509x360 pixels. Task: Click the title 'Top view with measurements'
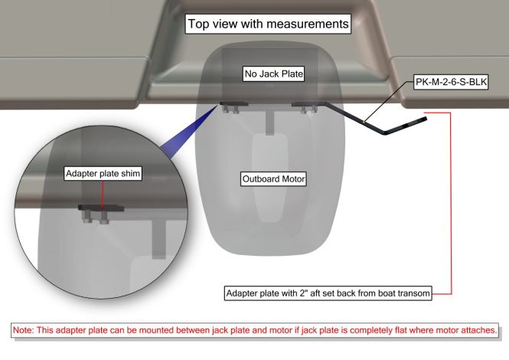click(x=269, y=25)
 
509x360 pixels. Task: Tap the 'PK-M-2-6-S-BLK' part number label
click(x=450, y=80)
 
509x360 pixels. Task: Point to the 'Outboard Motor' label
click(x=272, y=178)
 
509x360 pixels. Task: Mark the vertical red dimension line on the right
click(x=451, y=203)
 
